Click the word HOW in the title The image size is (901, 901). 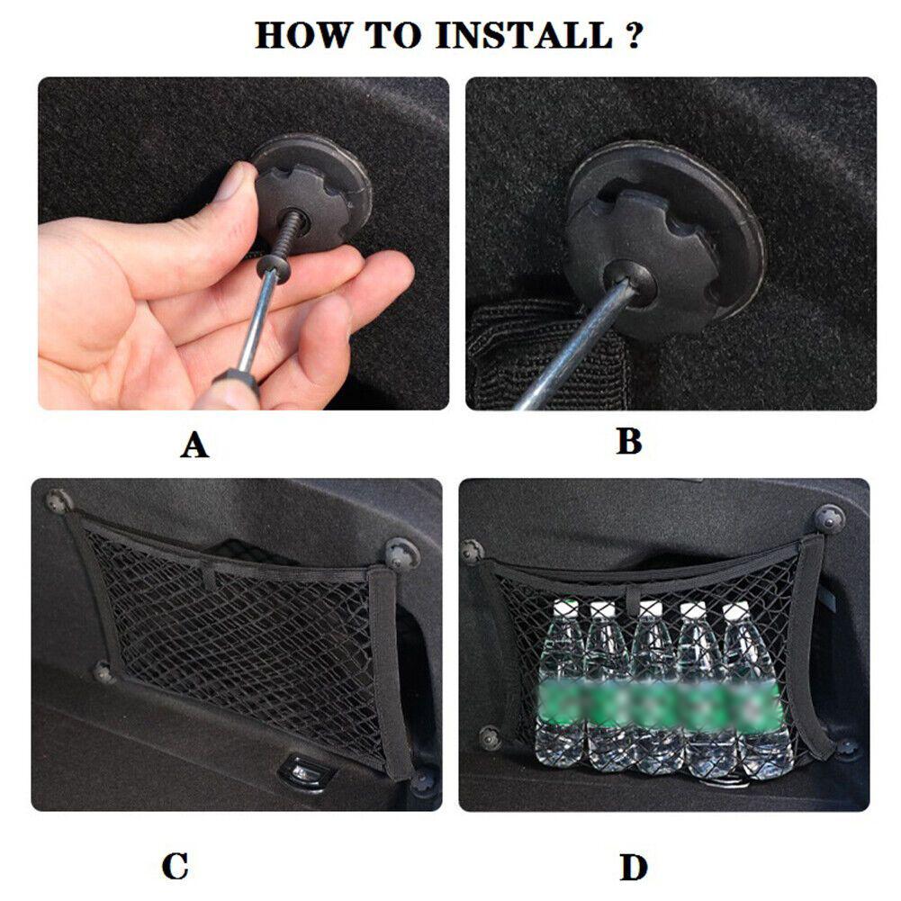pyautogui.click(x=302, y=36)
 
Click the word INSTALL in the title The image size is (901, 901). pyautogui.click(x=524, y=36)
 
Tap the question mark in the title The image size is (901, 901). pyautogui.click(x=633, y=36)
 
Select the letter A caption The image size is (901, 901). pyautogui.click(x=194, y=445)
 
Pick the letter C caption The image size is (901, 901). pyautogui.click(x=176, y=867)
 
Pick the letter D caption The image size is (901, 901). pyautogui.click(x=634, y=868)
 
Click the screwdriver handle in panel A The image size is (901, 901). pyautogui.click(x=234, y=391)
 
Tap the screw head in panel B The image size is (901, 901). pyautogui.click(x=629, y=281)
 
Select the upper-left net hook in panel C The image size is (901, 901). pyautogui.click(x=59, y=501)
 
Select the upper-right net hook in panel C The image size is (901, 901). pyautogui.click(x=401, y=553)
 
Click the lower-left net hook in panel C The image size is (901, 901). pyautogui.click(x=104, y=671)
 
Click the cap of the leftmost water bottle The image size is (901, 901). pyautogui.click(x=564, y=608)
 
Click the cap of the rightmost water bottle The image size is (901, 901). pyautogui.click(x=736, y=610)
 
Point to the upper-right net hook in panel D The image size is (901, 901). pyautogui.click(x=828, y=518)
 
